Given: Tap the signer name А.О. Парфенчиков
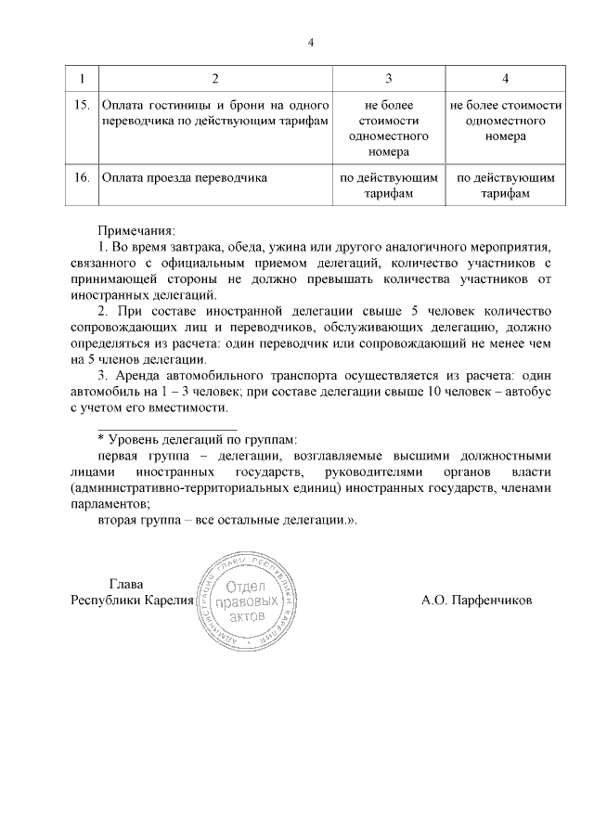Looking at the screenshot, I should click(x=476, y=601).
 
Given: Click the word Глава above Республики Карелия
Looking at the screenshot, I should click(x=126, y=584).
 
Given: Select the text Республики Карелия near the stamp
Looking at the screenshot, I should click(x=131, y=601).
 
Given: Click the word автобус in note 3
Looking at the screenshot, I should click(x=528, y=392).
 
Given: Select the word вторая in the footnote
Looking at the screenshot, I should click(x=119, y=521).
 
